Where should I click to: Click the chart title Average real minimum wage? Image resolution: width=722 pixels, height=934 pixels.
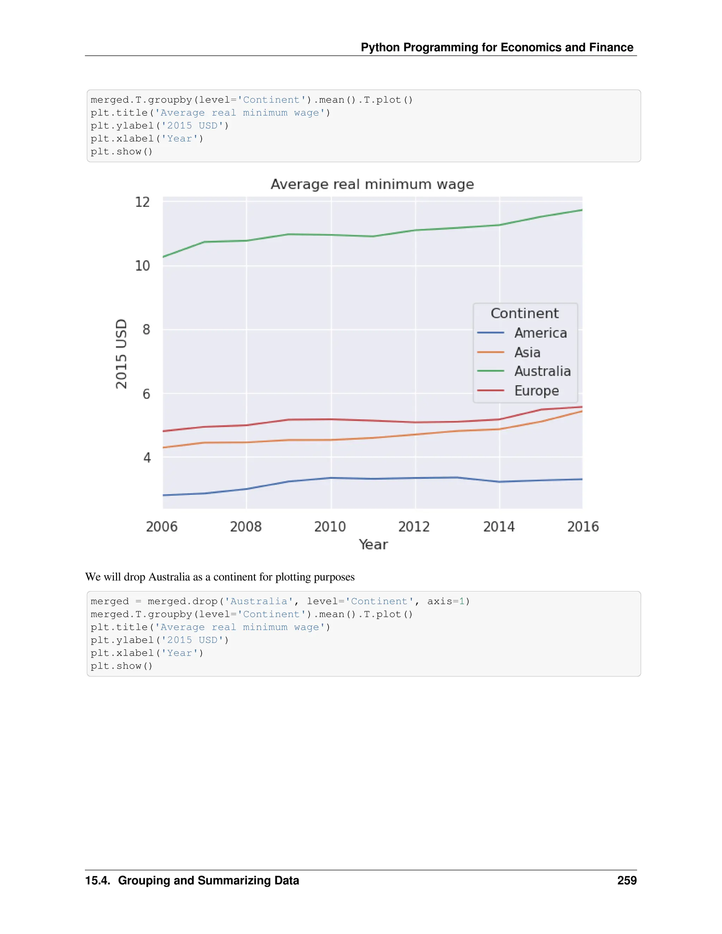[x=372, y=184]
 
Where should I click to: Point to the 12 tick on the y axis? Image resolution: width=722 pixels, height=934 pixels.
[x=142, y=202]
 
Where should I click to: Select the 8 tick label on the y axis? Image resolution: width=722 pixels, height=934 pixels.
[x=146, y=329]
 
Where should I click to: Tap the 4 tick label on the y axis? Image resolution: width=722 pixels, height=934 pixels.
[x=147, y=457]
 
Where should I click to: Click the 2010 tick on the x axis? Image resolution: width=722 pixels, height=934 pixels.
[x=330, y=527]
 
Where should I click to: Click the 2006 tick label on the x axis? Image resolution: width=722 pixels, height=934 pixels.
[x=162, y=527]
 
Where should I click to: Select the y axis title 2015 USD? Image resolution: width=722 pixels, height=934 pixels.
[x=122, y=354]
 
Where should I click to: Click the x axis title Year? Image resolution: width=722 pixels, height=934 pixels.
[x=373, y=545]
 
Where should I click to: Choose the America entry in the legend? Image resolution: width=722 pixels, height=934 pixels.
[x=540, y=333]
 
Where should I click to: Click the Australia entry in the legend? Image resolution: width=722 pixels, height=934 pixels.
[x=542, y=371]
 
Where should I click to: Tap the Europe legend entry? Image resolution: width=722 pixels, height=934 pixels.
[x=536, y=391]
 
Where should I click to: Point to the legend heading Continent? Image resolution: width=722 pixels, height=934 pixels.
[x=524, y=313]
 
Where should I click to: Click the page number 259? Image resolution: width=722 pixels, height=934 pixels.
[x=626, y=880]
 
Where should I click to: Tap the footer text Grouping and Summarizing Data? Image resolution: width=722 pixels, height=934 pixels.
[x=208, y=880]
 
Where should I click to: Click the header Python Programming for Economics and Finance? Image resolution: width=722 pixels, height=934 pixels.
[x=497, y=47]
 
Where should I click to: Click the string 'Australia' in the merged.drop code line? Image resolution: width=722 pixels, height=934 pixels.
[x=259, y=601]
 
